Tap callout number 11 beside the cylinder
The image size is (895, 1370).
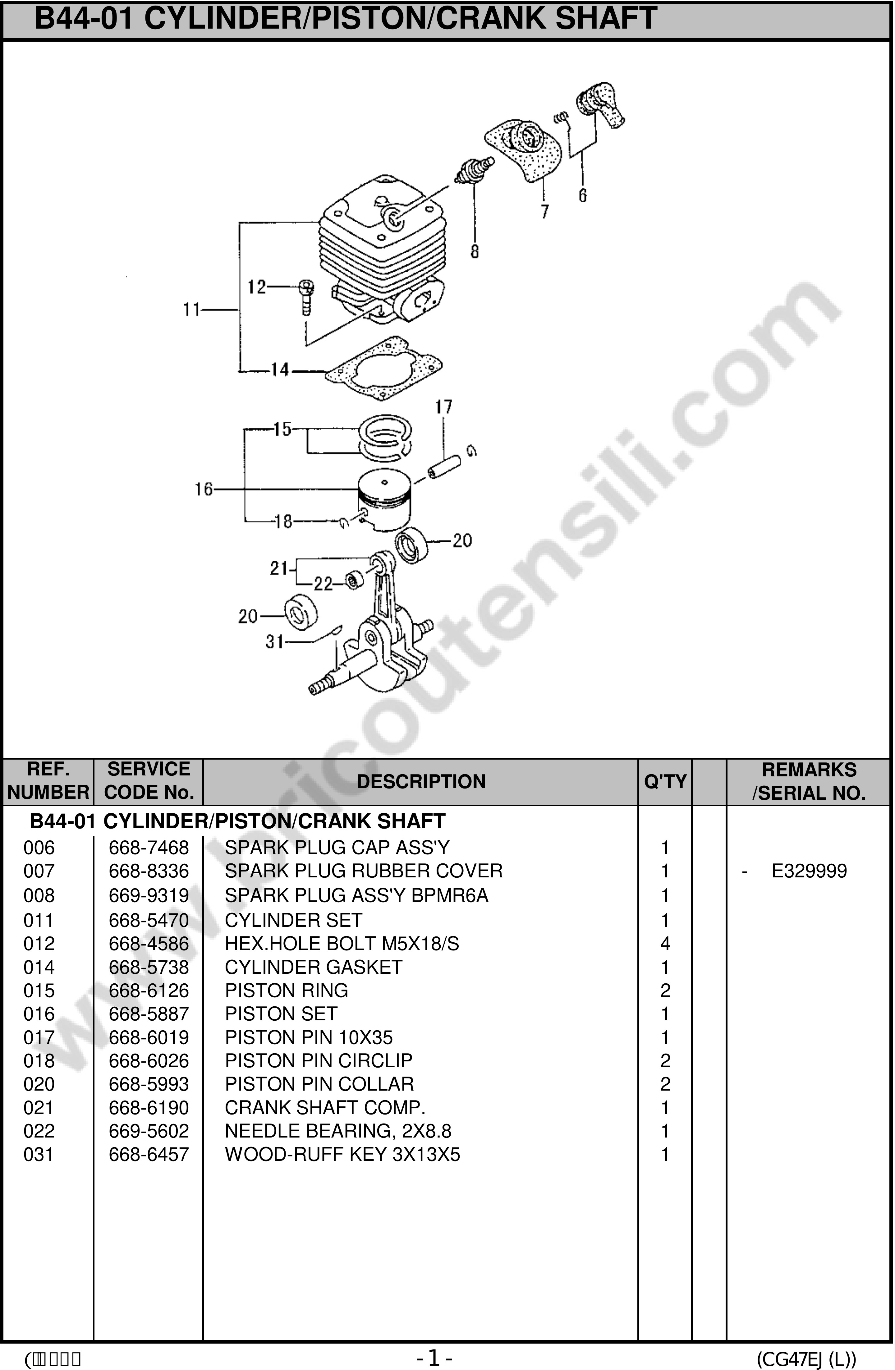tap(192, 310)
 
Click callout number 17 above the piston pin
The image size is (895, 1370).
tap(443, 407)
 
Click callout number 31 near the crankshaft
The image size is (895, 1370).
tap(274, 641)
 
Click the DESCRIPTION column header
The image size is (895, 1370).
tap(421, 782)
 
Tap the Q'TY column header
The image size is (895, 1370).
tap(665, 782)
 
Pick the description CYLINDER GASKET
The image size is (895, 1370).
tap(314, 967)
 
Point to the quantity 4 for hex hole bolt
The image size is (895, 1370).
tap(665, 944)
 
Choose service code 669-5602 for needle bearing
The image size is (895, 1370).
tap(149, 1131)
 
